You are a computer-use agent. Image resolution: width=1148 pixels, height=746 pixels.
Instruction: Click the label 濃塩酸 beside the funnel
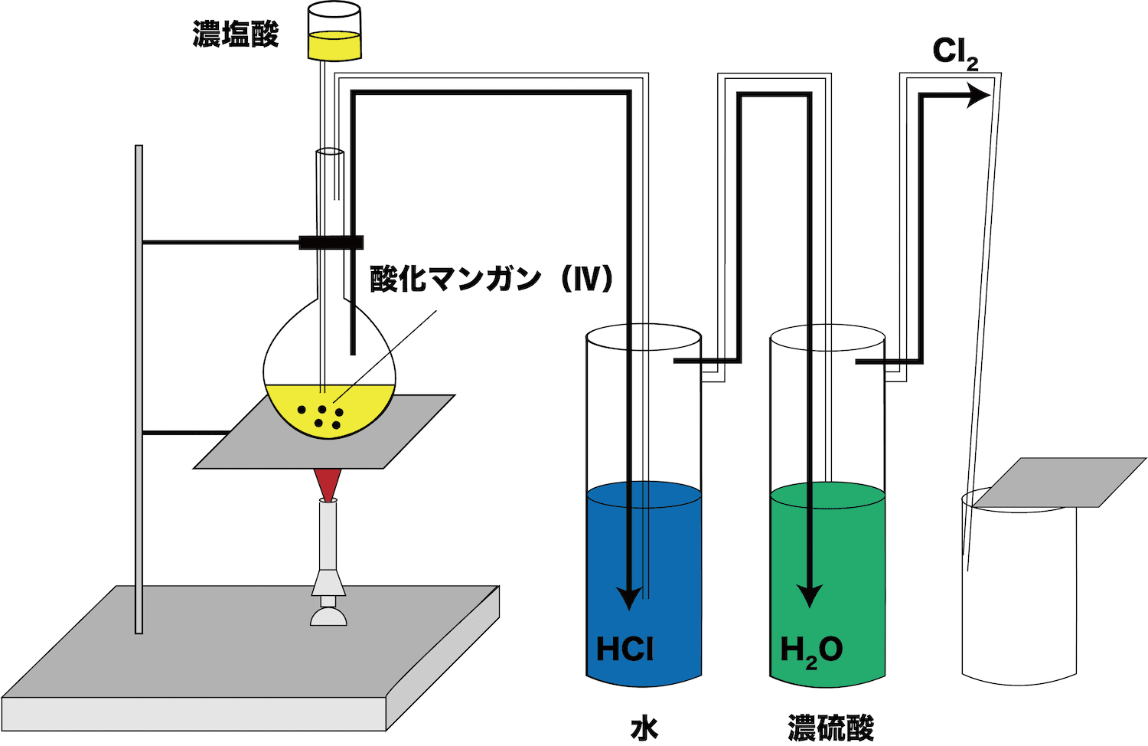(235, 34)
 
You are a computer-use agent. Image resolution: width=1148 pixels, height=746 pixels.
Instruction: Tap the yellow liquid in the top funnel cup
(334, 46)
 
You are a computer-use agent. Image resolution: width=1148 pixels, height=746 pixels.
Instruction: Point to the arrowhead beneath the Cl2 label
(977, 96)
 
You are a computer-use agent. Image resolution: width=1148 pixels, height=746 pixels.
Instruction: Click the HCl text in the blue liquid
(625, 649)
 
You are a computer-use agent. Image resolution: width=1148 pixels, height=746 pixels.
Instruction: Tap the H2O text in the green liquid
(811, 651)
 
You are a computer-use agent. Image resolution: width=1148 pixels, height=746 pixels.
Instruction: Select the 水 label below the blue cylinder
(644, 728)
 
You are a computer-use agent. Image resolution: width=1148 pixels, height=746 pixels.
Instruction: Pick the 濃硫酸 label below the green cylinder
(830, 728)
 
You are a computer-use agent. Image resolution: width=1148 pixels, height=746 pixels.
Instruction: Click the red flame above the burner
(328, 484)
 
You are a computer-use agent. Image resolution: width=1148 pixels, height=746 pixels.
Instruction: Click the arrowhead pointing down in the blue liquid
(629, 598)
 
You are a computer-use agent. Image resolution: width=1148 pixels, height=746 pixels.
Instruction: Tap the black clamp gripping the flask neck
(331, 243)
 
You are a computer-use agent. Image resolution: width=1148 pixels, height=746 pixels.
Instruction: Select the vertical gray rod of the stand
(139, 390)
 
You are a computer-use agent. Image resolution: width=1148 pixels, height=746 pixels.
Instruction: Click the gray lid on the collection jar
(1058, 483)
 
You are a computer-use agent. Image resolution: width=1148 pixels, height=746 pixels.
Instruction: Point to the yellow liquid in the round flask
(330, 411)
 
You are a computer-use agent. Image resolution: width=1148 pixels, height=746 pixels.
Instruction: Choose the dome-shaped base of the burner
(328, 617)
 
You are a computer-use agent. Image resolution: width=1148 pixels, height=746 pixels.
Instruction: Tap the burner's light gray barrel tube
(328, 535)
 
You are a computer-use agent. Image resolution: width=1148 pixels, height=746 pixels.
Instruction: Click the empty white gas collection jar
(1019, 590)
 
